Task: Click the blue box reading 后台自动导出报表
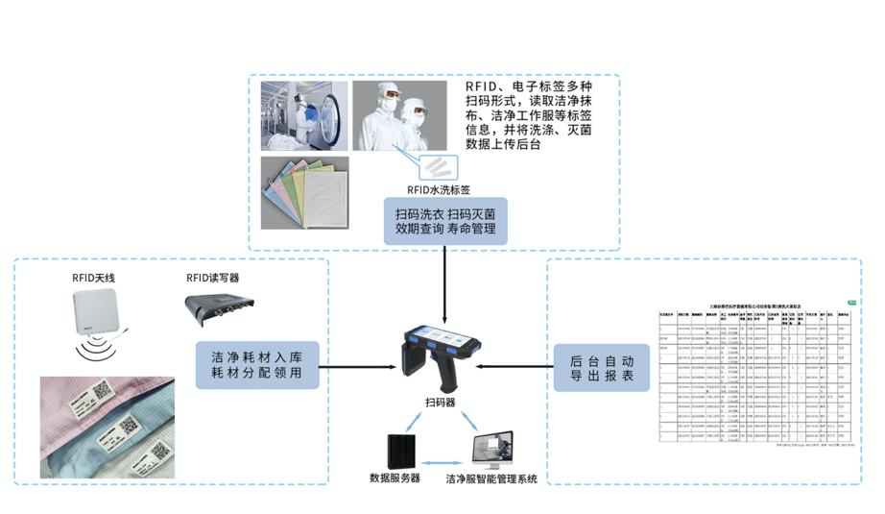pyautogui.click(x=602, y=367)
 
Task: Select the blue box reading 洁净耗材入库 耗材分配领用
pyautogui.click(x=256, y=364)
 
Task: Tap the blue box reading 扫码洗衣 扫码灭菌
pyautogui.click(x=445, y=222)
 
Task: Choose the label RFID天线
pyautogui.click(x=94, y=278)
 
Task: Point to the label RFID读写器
pyautogui.click(x=212, y=278)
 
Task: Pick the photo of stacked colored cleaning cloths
pyautogui.click(x=305, y=192)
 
